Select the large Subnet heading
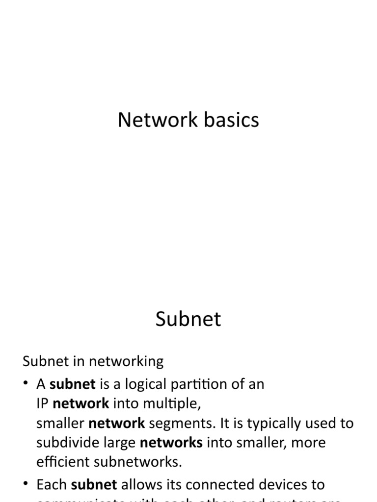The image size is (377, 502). click(x=188, y=319)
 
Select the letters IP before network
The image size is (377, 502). click(x=42, y=403)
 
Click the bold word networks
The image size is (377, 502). click(x=171, y=443)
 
